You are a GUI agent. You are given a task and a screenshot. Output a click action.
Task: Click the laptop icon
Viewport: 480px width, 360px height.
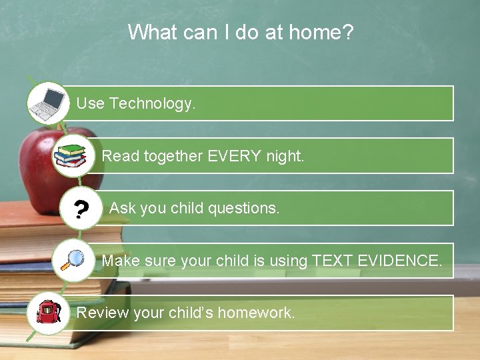(49, 103)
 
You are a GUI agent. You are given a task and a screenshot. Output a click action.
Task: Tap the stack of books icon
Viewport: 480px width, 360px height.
(70, 155)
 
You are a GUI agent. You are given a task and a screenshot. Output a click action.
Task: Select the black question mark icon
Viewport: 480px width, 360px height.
(80, 210)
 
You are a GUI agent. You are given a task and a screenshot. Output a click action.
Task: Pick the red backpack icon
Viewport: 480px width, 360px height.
(49, 312)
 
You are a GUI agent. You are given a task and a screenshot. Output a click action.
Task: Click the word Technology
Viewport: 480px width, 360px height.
(153, 103)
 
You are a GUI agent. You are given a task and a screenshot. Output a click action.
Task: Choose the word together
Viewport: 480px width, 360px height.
(173, 156)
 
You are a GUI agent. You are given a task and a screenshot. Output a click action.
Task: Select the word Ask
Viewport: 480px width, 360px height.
(123, 208)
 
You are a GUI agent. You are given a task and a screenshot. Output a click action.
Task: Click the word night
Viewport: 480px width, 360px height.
(285, 156)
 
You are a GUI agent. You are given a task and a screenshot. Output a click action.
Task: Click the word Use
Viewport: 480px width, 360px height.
(90, 103)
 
